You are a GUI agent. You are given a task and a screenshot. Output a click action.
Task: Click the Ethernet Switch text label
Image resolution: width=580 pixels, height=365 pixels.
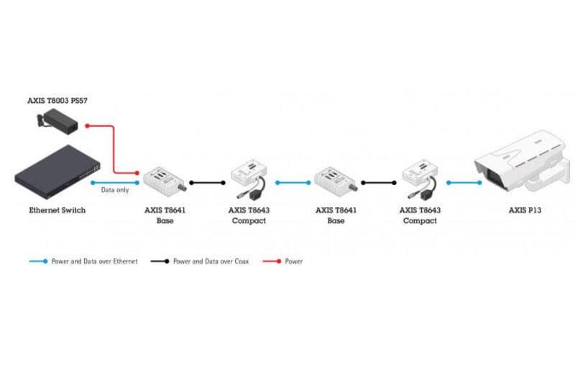click(x=57, y=210)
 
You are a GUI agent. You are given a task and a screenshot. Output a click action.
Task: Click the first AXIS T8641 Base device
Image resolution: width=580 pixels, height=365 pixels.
click(x=165, y=179)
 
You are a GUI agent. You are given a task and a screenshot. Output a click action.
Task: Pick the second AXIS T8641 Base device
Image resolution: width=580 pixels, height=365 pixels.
click(x=336, y=179)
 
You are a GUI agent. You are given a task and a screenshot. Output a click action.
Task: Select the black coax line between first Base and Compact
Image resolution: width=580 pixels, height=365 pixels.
click(x=207, y=183)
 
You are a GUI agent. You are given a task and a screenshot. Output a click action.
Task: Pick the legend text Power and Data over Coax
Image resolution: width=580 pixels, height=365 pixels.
click(x=211, y=261)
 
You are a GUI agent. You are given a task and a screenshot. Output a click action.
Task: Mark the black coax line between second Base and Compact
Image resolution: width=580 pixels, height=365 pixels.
click(x=378, y=183)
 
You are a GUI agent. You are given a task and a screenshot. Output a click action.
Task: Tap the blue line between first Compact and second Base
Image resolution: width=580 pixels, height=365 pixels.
click(x=291, y=183)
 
